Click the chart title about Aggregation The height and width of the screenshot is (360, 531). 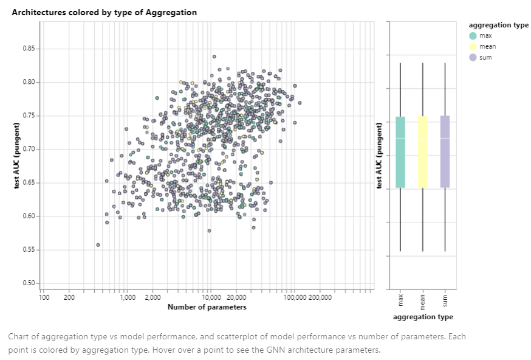point(104,12)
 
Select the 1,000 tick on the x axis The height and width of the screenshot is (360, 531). point(128,297)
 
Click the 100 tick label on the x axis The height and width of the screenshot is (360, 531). point(44,297)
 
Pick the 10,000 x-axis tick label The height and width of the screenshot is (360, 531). point(210,297)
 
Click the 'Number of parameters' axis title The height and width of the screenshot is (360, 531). point(207,307)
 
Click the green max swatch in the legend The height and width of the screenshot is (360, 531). point(473,36)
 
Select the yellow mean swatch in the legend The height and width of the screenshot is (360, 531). point(473,47)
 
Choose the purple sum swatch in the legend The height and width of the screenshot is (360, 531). point(473,58)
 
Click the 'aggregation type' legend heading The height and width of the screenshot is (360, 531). point(498,25)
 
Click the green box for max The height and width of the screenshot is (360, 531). point(400,152)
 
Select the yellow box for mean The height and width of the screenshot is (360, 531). point(423,152)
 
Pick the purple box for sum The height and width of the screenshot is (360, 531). point(445,152)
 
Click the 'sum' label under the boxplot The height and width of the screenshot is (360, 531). point(445,302)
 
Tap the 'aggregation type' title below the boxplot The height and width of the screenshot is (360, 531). point(423,317)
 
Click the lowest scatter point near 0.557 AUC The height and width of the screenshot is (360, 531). point(98,245)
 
